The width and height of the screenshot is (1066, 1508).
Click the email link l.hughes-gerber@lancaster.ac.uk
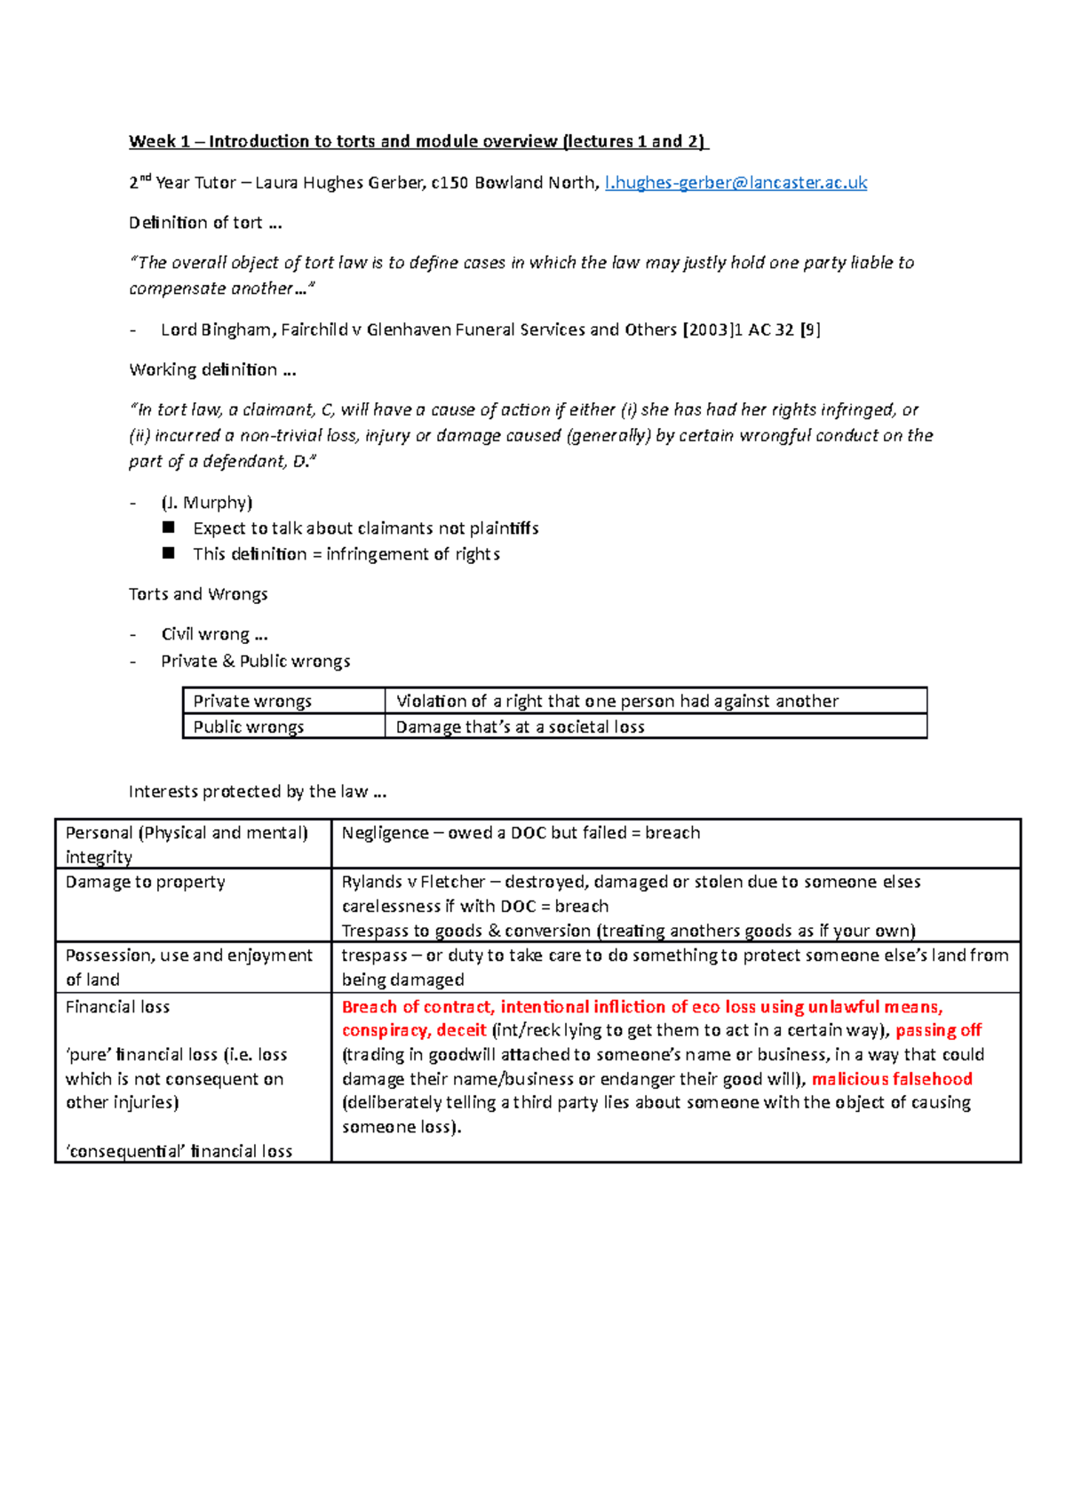pos(735,183)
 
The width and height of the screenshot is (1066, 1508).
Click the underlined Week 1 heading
pos(418,141)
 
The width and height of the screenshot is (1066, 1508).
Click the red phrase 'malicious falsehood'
pos(891,1079)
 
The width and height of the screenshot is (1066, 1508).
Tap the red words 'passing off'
pos(938,1030)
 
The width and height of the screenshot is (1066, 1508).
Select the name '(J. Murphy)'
pos(207,503)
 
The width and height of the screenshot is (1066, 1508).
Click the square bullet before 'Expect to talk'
pos(169,528)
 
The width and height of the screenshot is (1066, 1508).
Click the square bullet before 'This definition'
pos(169,553)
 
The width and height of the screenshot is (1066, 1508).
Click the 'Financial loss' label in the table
pos(117,1007)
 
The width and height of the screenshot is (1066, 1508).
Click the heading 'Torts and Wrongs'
pos(198,594)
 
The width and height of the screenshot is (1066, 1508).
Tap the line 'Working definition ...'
pos(212,369)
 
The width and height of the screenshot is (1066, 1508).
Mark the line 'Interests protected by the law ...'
pos(257,791)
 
